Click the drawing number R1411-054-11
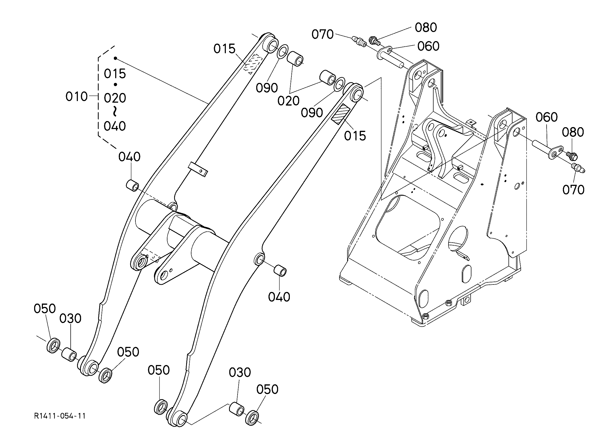(x=60, y=416)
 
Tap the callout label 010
(x=77, y=97)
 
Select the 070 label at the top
(x=322, y=34)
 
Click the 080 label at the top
(x=426, y=27)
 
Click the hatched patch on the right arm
(x=341, y=114)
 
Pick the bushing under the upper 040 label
(x=133, y=185)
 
